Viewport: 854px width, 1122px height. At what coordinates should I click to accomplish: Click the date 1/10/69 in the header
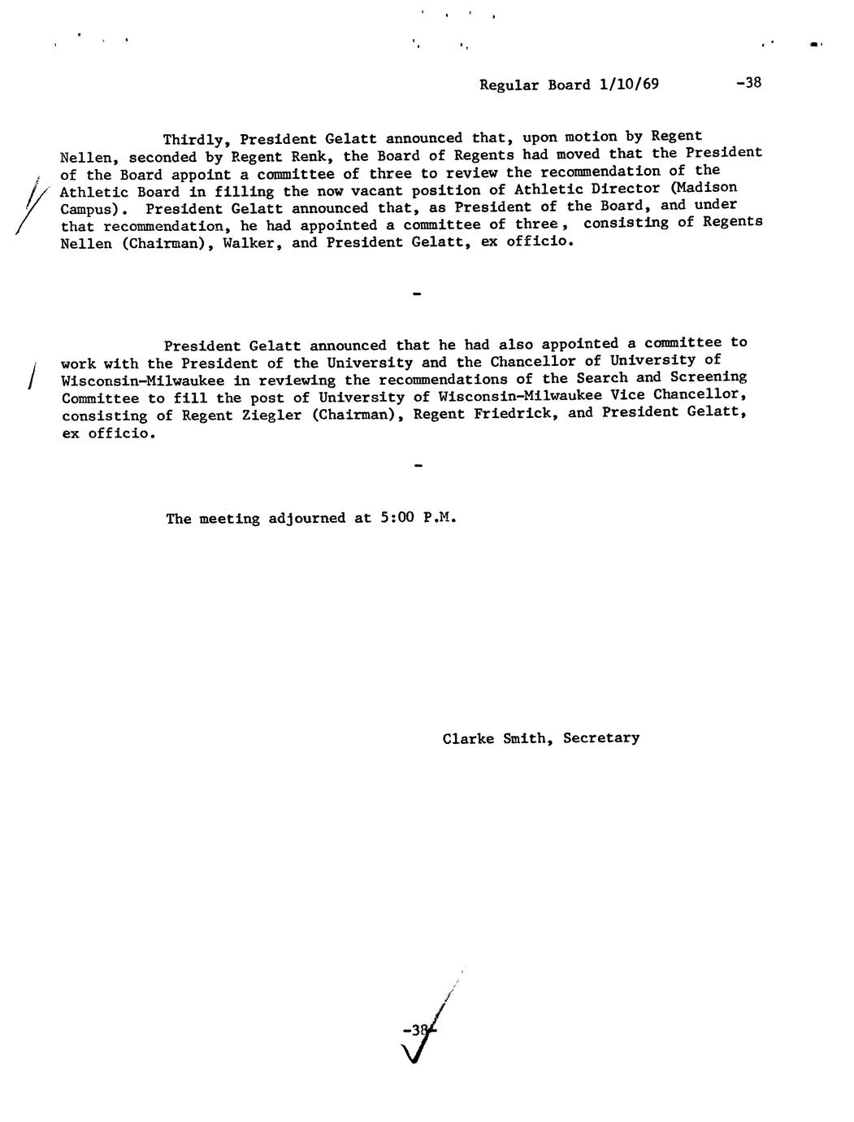628,85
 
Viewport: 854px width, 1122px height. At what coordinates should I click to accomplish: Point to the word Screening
708,377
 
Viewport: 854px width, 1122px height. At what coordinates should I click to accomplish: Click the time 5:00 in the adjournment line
397,518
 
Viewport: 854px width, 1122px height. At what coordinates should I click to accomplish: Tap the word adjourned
307,519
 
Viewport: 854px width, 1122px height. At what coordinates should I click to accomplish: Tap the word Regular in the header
509,85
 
